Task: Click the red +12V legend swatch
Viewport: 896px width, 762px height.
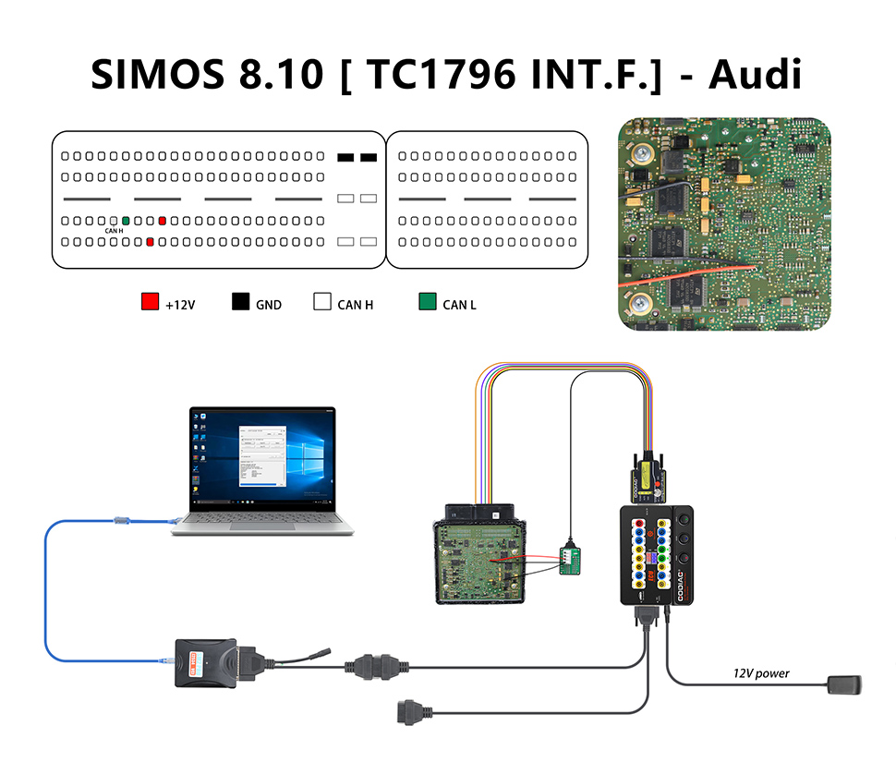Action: pos(150,301)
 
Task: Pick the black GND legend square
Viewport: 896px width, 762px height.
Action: pos(241,301)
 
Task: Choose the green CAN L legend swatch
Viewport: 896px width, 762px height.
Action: pos(427,301)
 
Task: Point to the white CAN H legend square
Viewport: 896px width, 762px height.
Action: pos(322,301)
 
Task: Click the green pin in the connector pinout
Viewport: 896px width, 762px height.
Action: pos(126,221)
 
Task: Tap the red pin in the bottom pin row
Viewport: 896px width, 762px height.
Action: pos(150,242)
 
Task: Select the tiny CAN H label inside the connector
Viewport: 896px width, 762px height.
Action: pos(114,231)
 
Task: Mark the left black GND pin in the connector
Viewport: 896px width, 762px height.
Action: pos(345,158)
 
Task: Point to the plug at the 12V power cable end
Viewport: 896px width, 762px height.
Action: pos(844,685)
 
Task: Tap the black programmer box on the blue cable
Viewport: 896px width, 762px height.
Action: pos(205,661)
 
